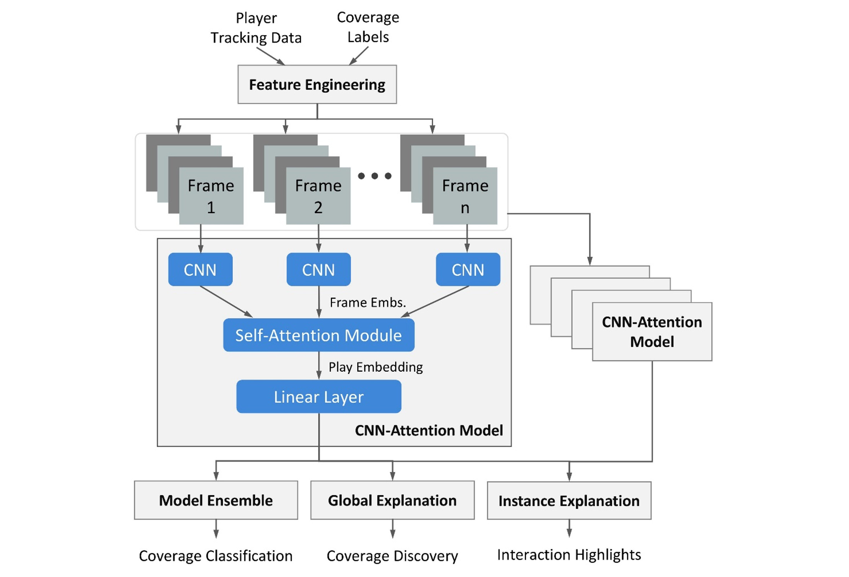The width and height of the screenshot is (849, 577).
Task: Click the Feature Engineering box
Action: click(317, 85)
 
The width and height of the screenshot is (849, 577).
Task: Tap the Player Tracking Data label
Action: click(256, 28)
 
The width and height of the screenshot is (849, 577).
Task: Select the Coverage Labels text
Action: click(368, 27)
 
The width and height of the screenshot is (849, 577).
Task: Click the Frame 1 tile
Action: click(211, 196)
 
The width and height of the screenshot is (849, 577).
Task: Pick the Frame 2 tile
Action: click(318, 196)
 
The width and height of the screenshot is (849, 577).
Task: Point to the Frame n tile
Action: click(465, 196)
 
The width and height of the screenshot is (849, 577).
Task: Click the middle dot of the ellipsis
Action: click(375, 176)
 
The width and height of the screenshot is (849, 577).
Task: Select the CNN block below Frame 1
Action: click(200, 270)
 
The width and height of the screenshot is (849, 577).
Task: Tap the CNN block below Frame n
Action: click(468, 270)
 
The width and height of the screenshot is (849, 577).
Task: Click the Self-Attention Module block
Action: click(318, 335)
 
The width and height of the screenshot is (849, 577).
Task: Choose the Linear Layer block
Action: click(318, 397)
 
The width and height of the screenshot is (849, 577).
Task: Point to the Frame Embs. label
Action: click(367, 302)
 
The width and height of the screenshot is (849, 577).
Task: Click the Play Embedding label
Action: click(376, 367)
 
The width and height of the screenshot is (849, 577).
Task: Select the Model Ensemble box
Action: click(216, 500)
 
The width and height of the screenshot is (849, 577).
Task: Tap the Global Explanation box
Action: click(392, 500)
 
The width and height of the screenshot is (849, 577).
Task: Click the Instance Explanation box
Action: click(569, 501)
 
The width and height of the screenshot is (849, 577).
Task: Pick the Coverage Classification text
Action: click(216, 556)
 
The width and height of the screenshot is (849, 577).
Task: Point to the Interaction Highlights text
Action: click(569, 555)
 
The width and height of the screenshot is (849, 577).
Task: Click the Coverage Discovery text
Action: click(392, 556)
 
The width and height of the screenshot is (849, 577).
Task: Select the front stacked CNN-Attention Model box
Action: click(652, 332)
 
